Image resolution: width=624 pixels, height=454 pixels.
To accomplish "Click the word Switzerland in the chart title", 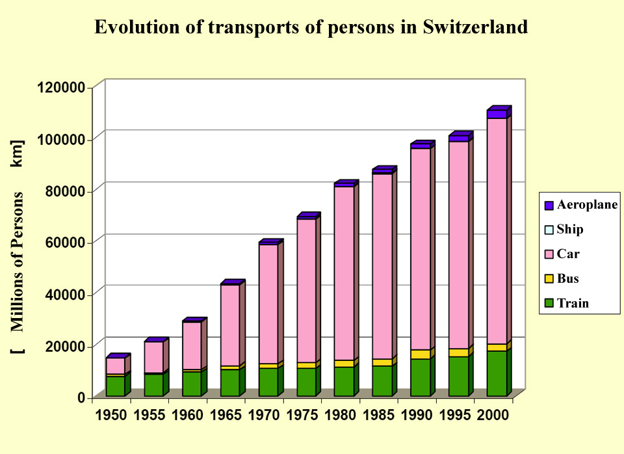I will [x=475, y=27].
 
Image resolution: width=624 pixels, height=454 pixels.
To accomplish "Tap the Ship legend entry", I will [x=570, y=230].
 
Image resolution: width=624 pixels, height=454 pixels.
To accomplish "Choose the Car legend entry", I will [x=568, y=254].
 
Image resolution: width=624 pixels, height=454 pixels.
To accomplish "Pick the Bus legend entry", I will [x=567, y=279].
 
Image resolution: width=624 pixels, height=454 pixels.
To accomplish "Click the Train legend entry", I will [x=573, y=303].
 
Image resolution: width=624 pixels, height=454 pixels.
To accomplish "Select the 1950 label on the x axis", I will [x=110, y=416].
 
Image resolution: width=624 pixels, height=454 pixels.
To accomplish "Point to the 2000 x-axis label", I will [x=493, y=416].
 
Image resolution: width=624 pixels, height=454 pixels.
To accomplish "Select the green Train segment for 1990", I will [x=420, y=377].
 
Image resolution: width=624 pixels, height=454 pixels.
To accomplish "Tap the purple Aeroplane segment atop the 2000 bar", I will [x=497, y=114].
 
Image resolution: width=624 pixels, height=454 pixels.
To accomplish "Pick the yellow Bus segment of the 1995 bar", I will [x=458, y=353].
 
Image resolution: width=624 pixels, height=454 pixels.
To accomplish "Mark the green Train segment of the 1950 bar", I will [x=115, y=386].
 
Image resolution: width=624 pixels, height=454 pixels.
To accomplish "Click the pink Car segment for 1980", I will [x=344, y=273].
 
